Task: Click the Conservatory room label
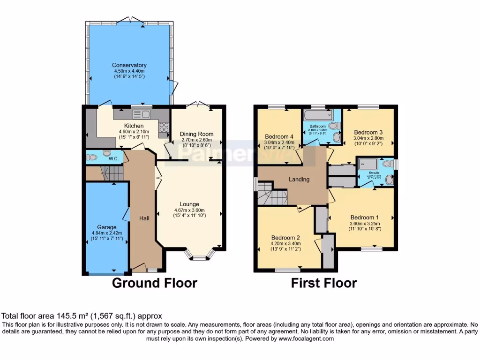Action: click(129, 65)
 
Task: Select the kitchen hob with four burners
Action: click(164, 127)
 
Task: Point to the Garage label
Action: click(106, 227)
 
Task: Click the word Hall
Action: click(144, 218)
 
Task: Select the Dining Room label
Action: click(196, 134)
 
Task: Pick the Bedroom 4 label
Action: click(279, 137)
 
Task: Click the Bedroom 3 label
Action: click(368, 132)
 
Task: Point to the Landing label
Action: click(299, 179)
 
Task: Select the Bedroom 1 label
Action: click(365, 217)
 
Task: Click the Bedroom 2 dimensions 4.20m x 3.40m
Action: click(285, 243)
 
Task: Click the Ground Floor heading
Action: click(154, 283)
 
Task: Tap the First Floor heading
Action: click(324, 283)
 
